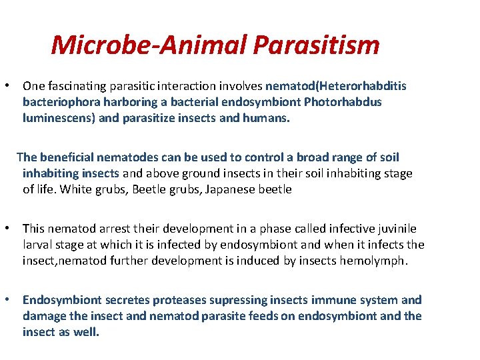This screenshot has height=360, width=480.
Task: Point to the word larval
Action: click(39, 245)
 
